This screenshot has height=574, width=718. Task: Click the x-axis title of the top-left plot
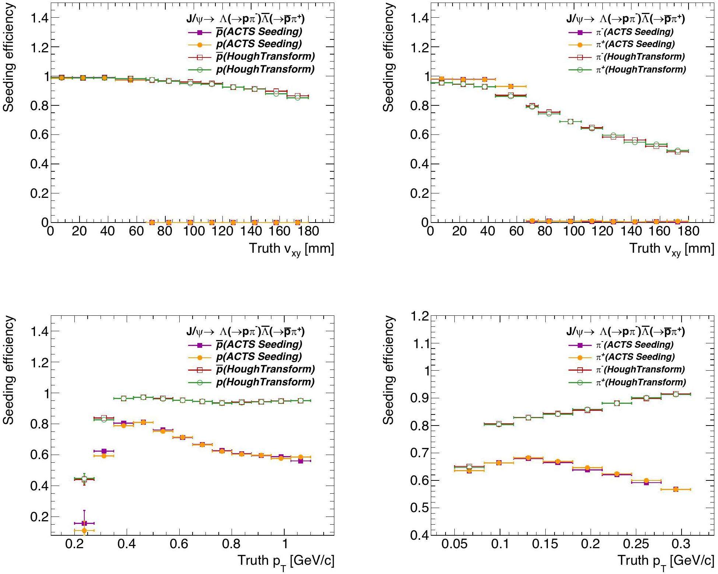pyautogui.click(x=292, y=249)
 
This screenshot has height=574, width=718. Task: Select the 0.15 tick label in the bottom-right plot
pyautogui.click(x=545, y=544)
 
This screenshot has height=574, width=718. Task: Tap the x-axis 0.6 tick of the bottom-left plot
pyautogui.click(x=179, y=544)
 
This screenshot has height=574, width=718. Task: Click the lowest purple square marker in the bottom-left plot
pyautogui.click(x=84, y=523)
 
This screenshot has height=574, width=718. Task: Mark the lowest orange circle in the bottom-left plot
pyautogui.click(x=84, y=531)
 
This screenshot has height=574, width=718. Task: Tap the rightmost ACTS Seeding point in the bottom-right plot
pyautogui.click(x=676, y=489)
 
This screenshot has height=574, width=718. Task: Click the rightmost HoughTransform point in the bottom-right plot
pyautogui.click(x=676, y=394)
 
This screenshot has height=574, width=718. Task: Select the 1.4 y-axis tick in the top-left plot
pyautogui.click(x=40, y=18)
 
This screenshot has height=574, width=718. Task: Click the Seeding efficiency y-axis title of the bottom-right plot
pyautogui.click(x=389, y=370)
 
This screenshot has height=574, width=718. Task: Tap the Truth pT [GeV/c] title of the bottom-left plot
pyautogui.click(x=286, y=561)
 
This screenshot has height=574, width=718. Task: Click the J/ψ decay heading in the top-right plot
pyautogui.click(x=625, y=19)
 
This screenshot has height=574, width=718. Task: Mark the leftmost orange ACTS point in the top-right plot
pyautogui.click(x=441, y=79)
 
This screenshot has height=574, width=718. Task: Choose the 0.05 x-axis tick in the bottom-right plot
pyautogui.click(x=454, y=544)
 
